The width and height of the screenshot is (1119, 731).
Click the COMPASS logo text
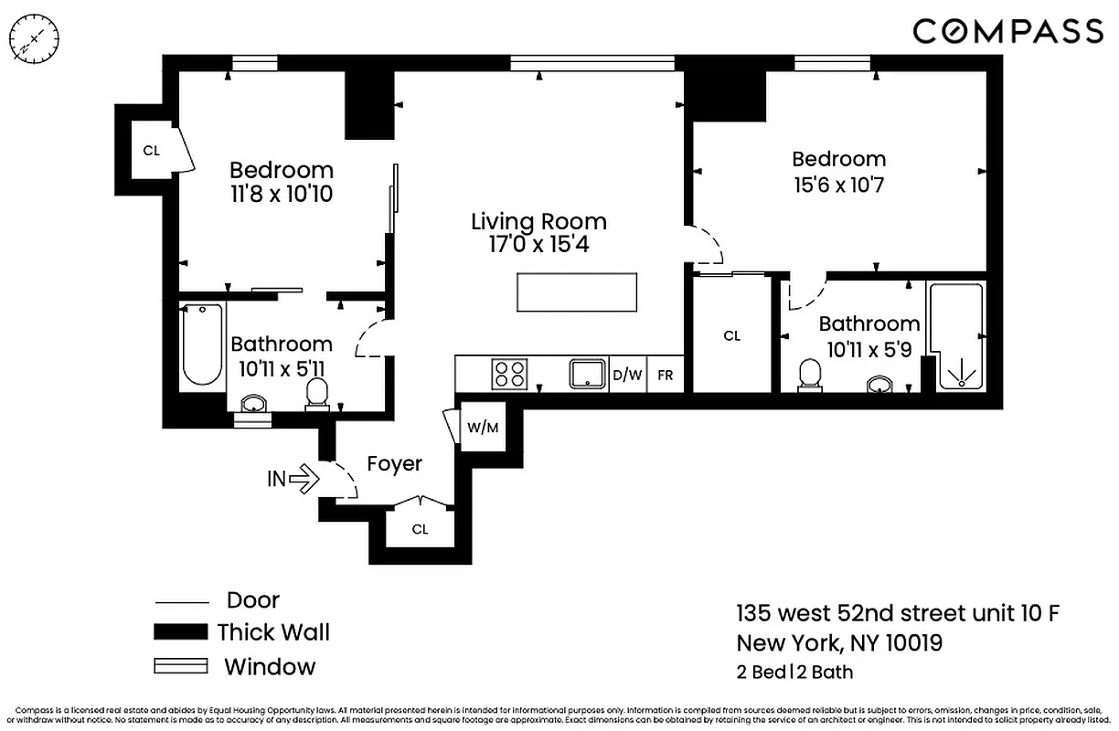pyautogui.click(x=1007, y=31)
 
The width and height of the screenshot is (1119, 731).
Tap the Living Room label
pyautogui.click(x=538, y=221)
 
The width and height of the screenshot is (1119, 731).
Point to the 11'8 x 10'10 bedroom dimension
pyautogui.click(x=281, y=195)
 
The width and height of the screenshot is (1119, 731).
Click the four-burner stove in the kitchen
pyautogui.click(x=510, y=375)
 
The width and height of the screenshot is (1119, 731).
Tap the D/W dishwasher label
pyautogui.click(x=627, y=375)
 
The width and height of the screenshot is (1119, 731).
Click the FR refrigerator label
pyautogui.click(x=665, y=375)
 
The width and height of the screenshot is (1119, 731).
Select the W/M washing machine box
pyautogui.click(x=483, y=427)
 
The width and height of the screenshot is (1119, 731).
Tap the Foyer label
pyautogui.click(x=394, y=464)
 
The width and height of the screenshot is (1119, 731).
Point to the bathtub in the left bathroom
pyautogui.click(x=201, y=344)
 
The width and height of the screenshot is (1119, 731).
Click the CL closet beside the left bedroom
pyautogui.click(x=151, y=150)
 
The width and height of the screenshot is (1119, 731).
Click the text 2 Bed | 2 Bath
pyautogui.click(x=794, y=673)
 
